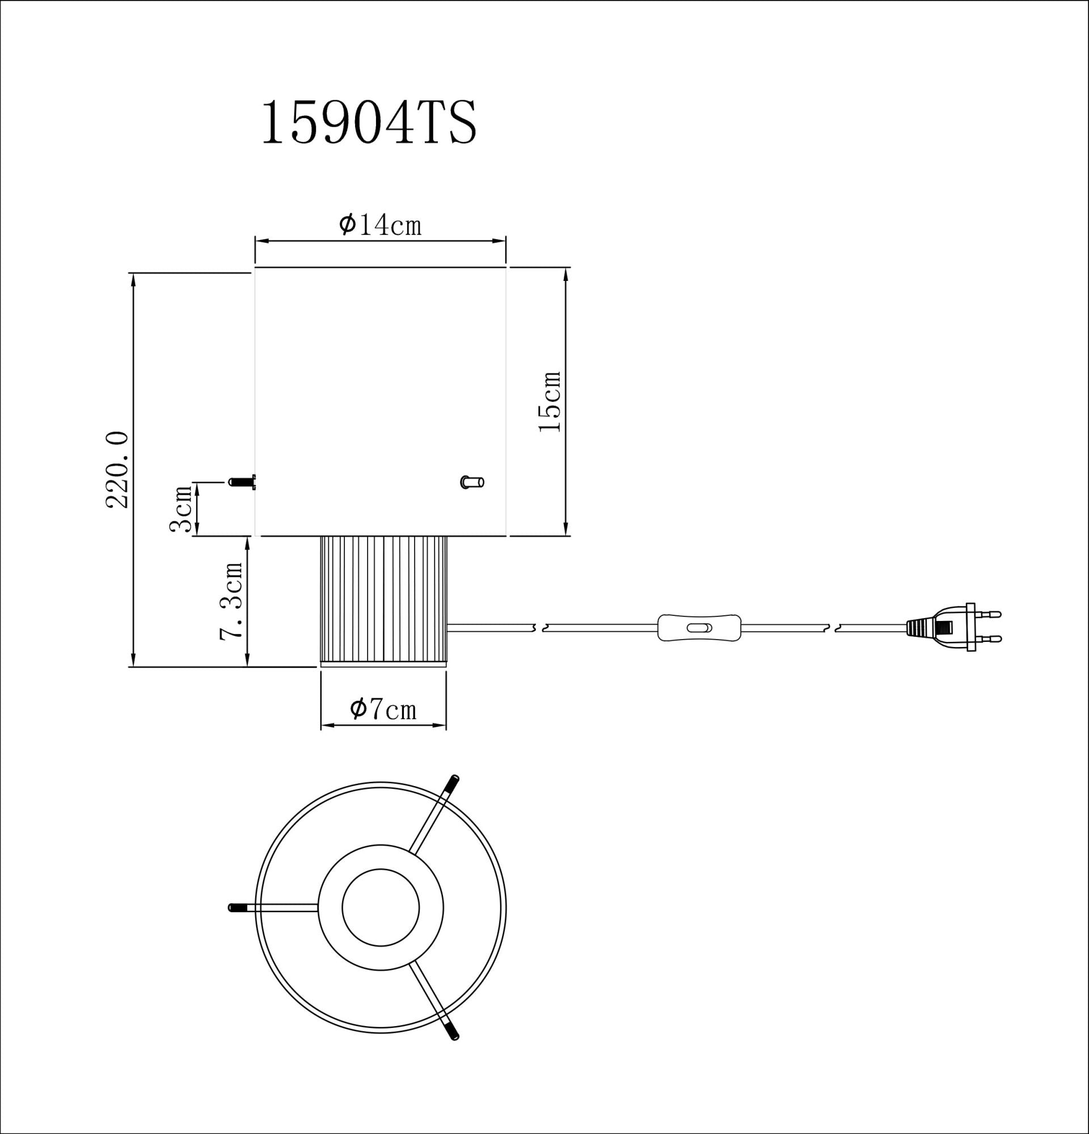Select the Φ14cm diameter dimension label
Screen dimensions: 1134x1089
[380, 225]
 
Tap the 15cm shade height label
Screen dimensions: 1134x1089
[550, 401]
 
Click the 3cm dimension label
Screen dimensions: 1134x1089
[181, 509]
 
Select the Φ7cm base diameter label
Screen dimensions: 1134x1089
[383, 709]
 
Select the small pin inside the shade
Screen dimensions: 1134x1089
[472, 481]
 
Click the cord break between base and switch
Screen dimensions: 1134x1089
[538, 628]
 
